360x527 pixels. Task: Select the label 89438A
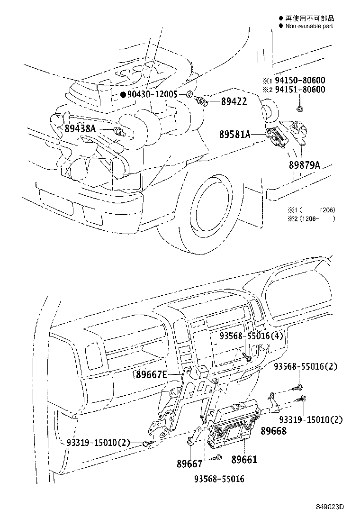pos(80,129)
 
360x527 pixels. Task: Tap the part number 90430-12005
pos(153,95)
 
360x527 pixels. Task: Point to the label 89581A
pos(234,134)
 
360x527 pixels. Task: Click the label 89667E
pos(151,375)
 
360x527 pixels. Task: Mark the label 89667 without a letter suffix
pos(190,463)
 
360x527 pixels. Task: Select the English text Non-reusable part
pos(309,26)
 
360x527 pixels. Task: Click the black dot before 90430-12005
pos(123,95)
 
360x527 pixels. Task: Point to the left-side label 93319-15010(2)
pos(98,443)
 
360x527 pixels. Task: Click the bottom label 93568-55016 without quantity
pos(219,479)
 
